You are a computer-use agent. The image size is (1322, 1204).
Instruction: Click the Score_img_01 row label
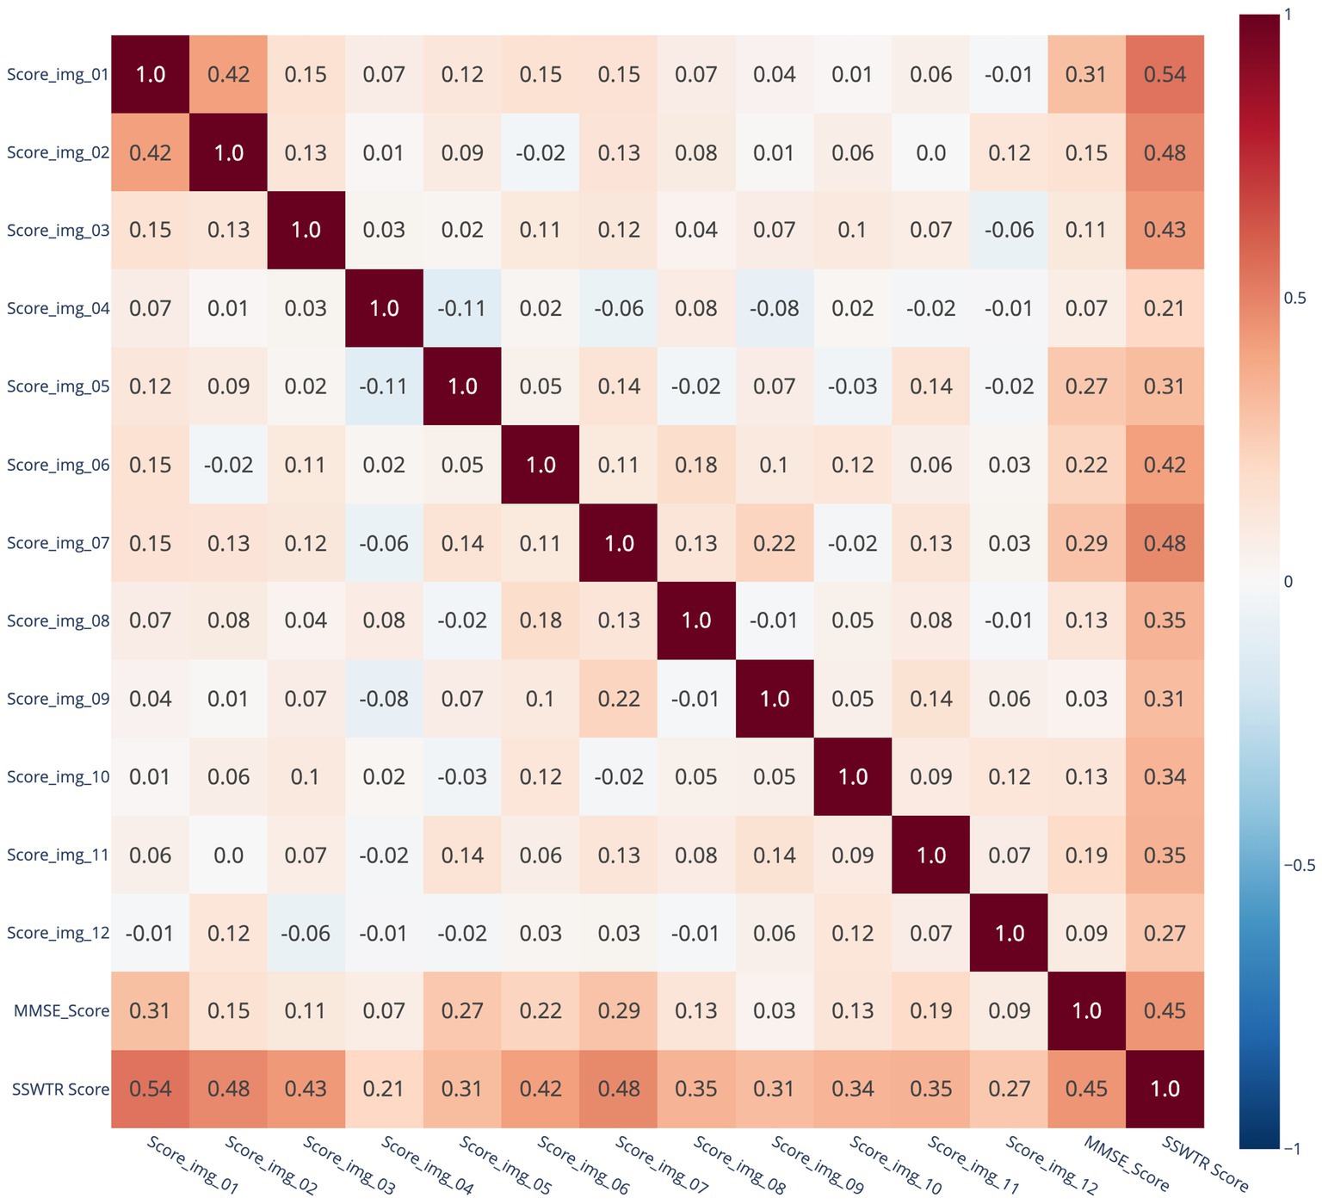tap(58, 75)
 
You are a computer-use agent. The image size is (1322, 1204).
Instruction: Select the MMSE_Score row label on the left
tap(61, 1011)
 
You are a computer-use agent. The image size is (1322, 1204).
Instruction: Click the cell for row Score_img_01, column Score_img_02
tap(228, 75)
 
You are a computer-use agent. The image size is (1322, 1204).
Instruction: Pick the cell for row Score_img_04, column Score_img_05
tap(462, 308)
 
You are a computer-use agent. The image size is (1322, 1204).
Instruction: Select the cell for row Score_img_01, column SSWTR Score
tap(1164, 75)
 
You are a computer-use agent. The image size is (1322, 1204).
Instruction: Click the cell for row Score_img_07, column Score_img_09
tap(775, 543)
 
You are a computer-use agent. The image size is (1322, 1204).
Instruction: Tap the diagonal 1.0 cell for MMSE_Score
tap(1086, 1011)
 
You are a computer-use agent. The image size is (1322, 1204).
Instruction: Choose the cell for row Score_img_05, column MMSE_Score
tap(1086, 386)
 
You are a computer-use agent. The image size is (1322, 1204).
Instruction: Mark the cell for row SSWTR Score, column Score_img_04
tap(384, 1089)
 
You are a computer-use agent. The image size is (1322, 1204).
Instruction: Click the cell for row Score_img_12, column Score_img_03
tap(306, 933)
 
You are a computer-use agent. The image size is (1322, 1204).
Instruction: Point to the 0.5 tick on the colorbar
tap(1294, 299)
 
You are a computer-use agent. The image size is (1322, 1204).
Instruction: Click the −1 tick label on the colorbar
tap(1292, 1148)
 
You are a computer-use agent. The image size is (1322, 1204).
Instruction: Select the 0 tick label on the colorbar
tap(1288, 582)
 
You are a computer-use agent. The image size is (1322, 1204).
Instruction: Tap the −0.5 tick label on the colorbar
tap(1299, 866)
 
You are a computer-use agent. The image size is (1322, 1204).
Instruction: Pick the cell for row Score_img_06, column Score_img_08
tap(696, 465)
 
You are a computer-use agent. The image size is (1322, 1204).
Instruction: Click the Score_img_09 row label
tap(58, 699)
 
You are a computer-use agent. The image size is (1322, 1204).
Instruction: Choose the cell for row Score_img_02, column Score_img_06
tap(541, 153)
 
